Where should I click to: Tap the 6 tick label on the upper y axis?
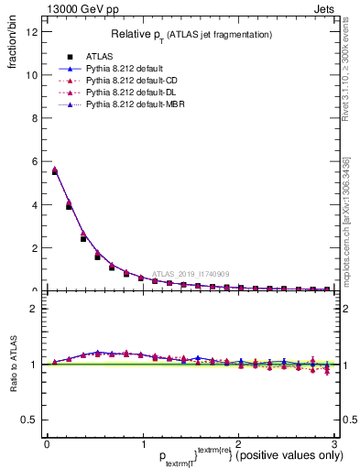pyautogui.click(x=34, y=161)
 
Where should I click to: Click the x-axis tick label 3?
pyautogui.click(x=334, y=445)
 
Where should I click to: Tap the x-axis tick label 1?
pyautogui.click(x=142, y=445)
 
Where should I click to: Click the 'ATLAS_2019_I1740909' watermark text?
pyautogui.click(x=193, y=273)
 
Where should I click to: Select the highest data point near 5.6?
pyautogui.click(x=55, y=171)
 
